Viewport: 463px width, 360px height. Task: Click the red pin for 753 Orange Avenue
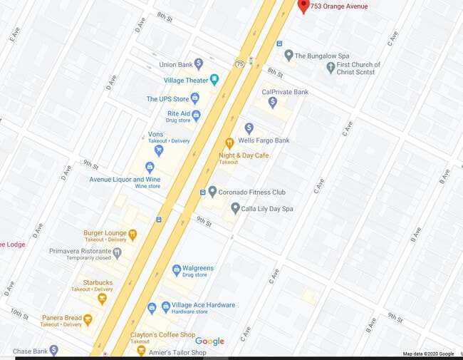pos(303,6)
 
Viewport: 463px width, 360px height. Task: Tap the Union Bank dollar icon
pos(199,64)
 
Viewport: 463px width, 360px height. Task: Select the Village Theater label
pos(186,81)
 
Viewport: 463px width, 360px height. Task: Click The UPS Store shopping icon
pos(195,98)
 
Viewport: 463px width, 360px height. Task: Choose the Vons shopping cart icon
pos(159,150)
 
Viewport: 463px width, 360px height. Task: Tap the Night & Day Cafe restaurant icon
pos(229,143)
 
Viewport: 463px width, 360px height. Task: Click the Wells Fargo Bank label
pos(264,140)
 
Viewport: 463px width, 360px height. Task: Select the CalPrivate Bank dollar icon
pos(272,103)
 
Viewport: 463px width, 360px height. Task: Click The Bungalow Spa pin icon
pos(288,55)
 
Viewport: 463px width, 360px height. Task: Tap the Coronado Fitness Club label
pos(252,192)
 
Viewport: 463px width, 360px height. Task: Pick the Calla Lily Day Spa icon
pos(236,208)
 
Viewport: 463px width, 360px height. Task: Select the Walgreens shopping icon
pos(177,270)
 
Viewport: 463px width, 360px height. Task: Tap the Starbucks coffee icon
pos(102,298)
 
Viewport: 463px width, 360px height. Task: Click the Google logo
pos(209,341)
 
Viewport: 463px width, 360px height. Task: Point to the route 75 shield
pos(241,63)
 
